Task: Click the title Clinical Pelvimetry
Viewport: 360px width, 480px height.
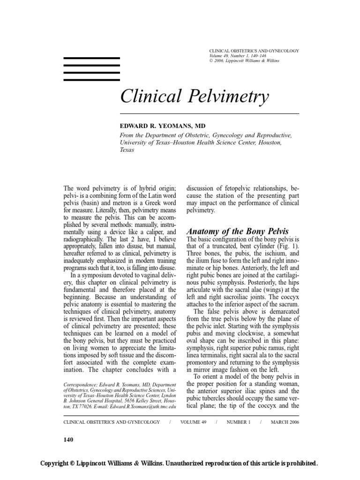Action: click(195, 97)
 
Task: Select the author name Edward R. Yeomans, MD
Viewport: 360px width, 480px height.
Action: click(165, 127)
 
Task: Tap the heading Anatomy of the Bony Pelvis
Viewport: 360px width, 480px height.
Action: click(238, 231)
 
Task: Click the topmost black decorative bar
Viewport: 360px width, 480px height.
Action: click(91, 59)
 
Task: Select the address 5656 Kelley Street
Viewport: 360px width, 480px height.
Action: click(141, 401)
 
